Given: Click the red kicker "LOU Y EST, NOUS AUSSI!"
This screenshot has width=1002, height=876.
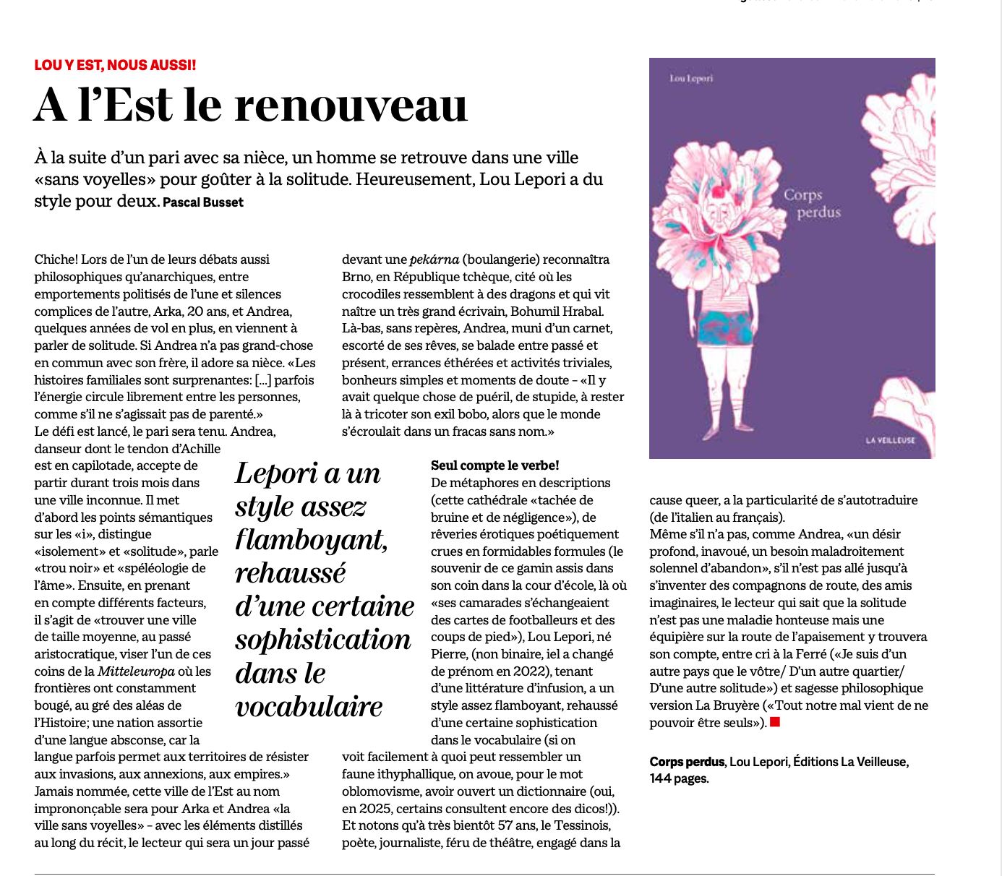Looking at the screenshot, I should [x=115, y=65].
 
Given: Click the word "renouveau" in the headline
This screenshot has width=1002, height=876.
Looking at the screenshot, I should [x=351, y=106].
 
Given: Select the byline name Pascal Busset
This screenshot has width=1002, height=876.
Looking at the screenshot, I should [x=203, y=202].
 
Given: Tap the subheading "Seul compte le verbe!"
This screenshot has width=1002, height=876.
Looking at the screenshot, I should [x=495, y=465].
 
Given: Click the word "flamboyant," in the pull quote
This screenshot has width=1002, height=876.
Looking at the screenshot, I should [x=311, y=540].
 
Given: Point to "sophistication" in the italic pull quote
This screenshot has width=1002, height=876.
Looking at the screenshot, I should [x=323, y=640].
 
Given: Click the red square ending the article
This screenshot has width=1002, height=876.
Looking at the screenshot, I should [x=775, y=722].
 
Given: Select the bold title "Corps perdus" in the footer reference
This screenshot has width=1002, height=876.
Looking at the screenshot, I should [x=687, y=761].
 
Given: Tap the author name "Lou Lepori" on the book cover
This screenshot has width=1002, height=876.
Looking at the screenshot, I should [x=691, y=78].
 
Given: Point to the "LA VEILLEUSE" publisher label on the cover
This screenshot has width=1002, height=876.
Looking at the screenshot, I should [x=891, y=440].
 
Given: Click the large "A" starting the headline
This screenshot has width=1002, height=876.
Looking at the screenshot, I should [x=51, y=106].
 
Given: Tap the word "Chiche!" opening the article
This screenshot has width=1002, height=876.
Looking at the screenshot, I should [x=56, y=259].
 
